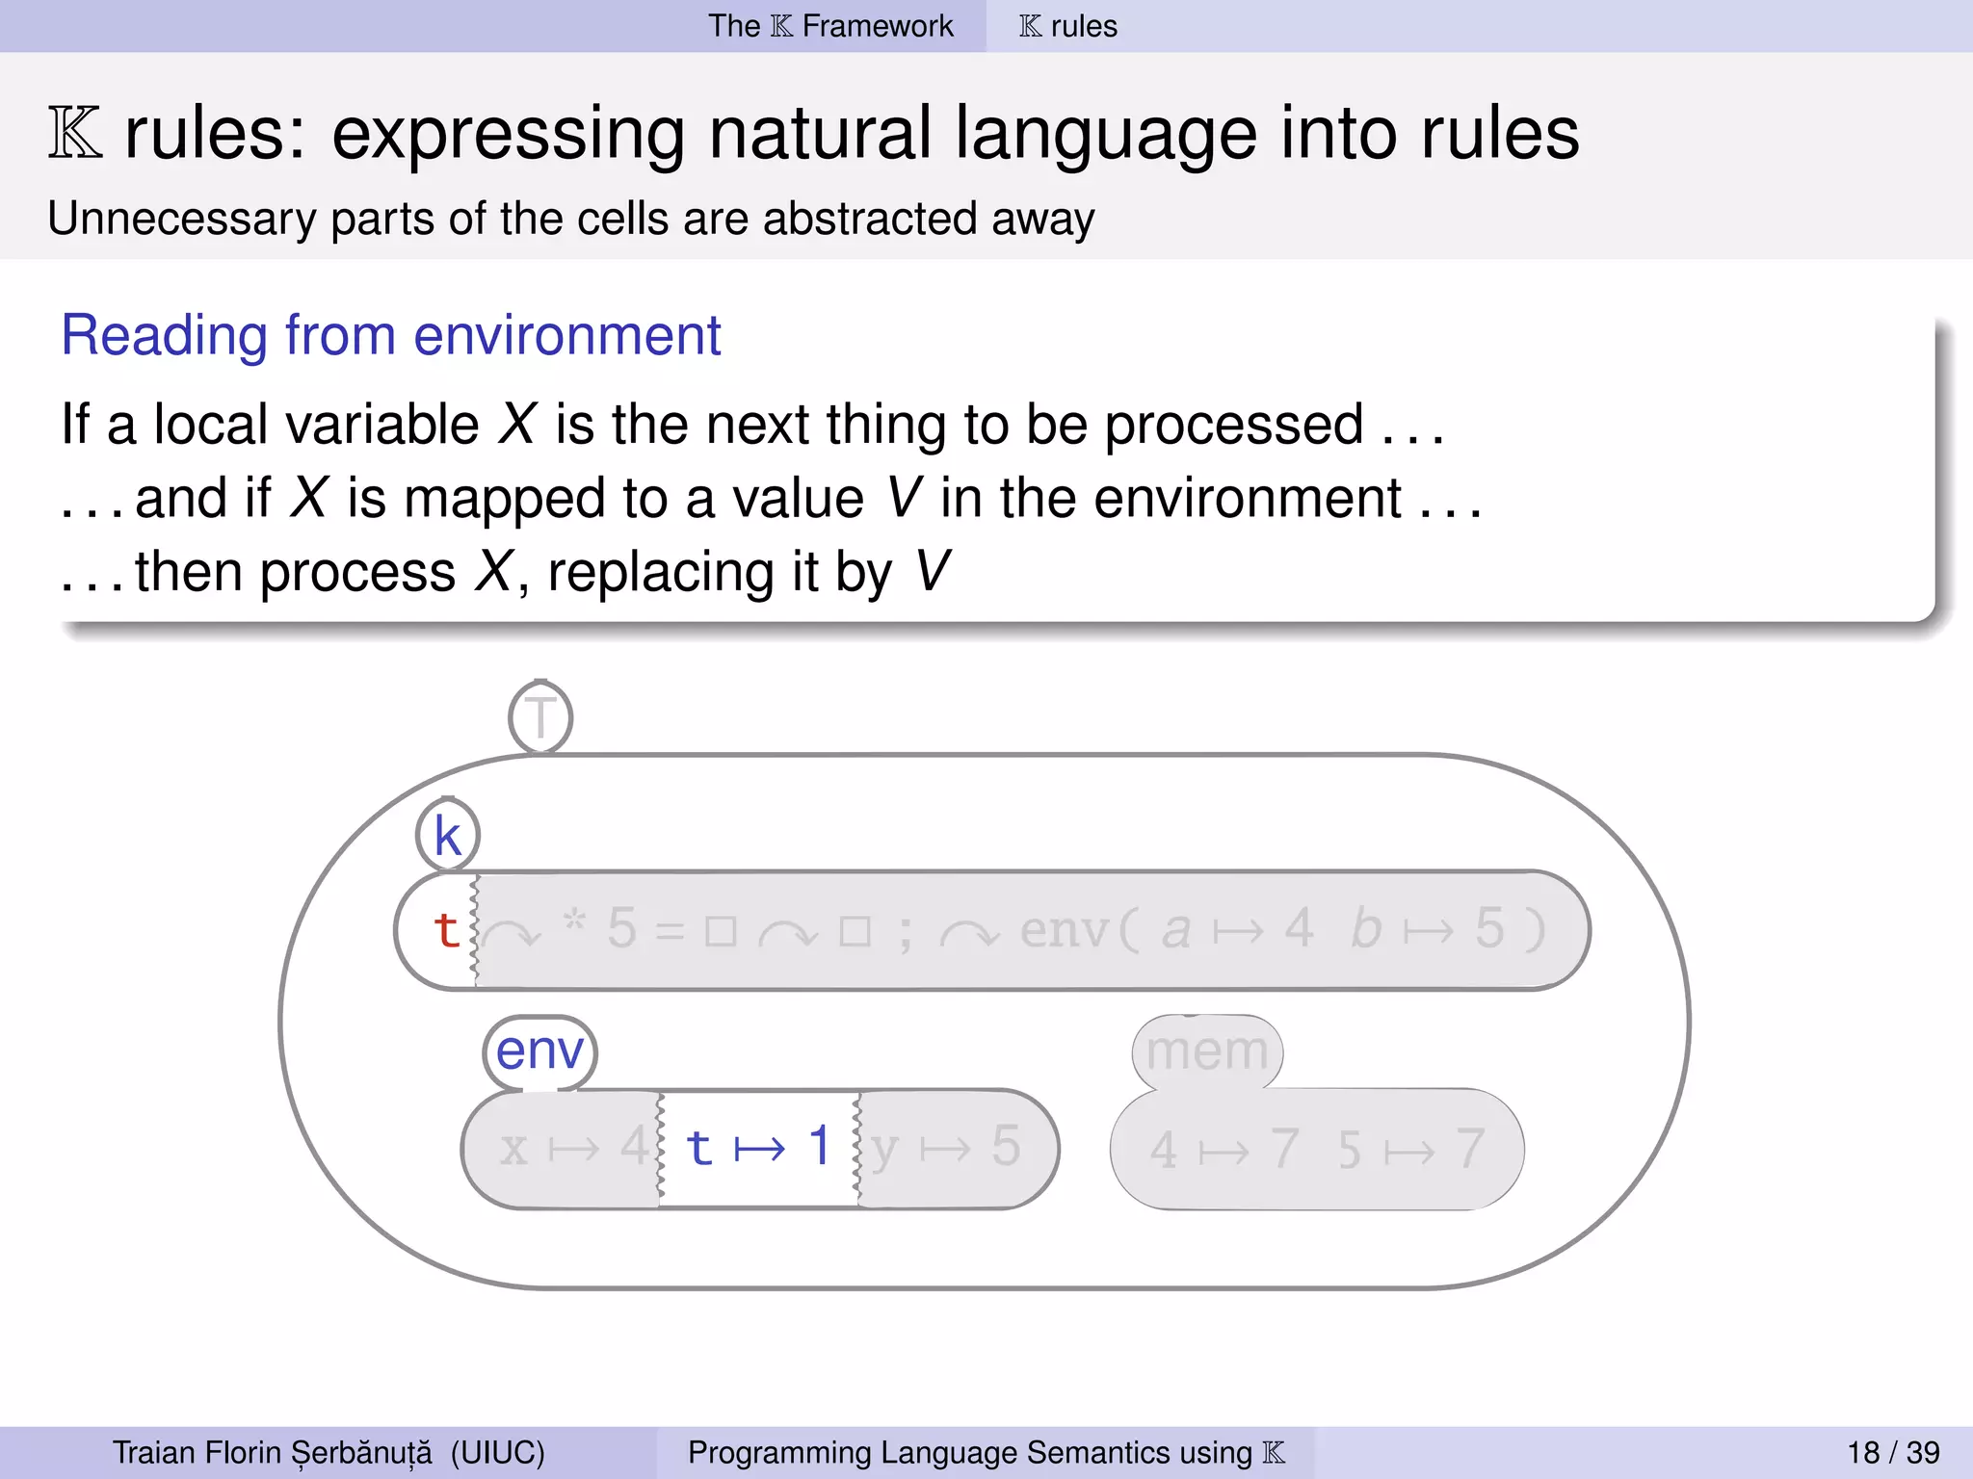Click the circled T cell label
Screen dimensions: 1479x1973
click(540, 717)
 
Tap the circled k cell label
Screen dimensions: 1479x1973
click(447, 835)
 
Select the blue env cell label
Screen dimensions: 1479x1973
click(539, 1051)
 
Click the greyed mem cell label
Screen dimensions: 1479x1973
click(1206, 1051)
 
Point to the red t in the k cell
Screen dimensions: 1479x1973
click(445, 930)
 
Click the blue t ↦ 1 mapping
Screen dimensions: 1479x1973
click(758, 1148)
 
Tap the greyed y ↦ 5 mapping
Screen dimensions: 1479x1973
click(945, 1148)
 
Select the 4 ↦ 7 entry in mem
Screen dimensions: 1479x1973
click(1223, 1150)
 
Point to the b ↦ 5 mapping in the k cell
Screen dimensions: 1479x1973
click(1425, 930)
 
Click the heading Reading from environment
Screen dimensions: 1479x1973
click(390, 335)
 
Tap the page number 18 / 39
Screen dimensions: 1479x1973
click(1892, 1452)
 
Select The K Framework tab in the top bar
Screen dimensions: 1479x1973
click(829, 26)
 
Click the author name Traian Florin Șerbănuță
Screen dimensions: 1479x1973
click(273, 1452)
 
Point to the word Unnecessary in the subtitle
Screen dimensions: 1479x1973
click(181, 220)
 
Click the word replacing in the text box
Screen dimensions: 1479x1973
click(659, 573)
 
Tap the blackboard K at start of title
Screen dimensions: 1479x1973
click(75, 134)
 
